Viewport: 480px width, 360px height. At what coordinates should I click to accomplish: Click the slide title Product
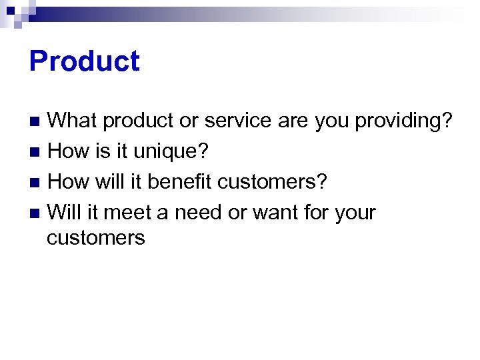point(85,61)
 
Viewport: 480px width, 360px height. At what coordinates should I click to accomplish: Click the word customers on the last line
point(96,238)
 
